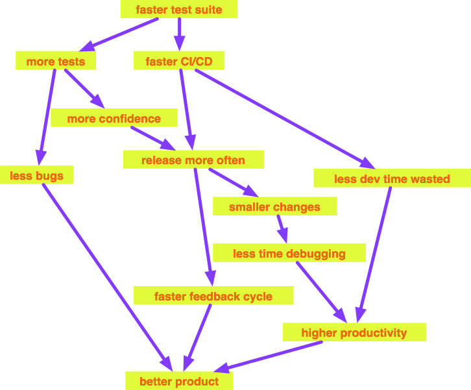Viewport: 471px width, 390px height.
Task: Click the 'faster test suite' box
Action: pyautogui.click(x=178, y=10)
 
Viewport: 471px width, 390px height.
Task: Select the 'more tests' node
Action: pyautogui.click(x=56, y=62)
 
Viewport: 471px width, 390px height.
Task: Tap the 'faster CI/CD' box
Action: pyautogui.click(x=179, y=62)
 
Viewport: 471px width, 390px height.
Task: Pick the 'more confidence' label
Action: pyautogui.click(x=114, y=119)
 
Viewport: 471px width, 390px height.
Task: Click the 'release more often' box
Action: pyautogui.click(x=193, y=160)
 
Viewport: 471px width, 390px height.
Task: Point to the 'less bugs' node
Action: pyautogui.click(x=36, y=175)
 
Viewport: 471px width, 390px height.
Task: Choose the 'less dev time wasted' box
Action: pyautogui.click(x=391, y=178)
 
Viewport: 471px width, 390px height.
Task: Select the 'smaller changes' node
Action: pyautogui.click(x=274, y=207)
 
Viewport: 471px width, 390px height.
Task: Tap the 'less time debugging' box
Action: pyautogui.click(x=289, y=253)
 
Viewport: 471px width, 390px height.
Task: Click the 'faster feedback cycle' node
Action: pyautogui.click(x=213, y=297)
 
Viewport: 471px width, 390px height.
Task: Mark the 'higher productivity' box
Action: pyautogui.click(x=354, y=333)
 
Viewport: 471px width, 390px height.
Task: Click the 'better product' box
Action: pyautogui.click(x=179, y=381)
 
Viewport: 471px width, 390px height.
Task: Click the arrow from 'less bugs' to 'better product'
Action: pyautogui.click(x=104, y=273)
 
